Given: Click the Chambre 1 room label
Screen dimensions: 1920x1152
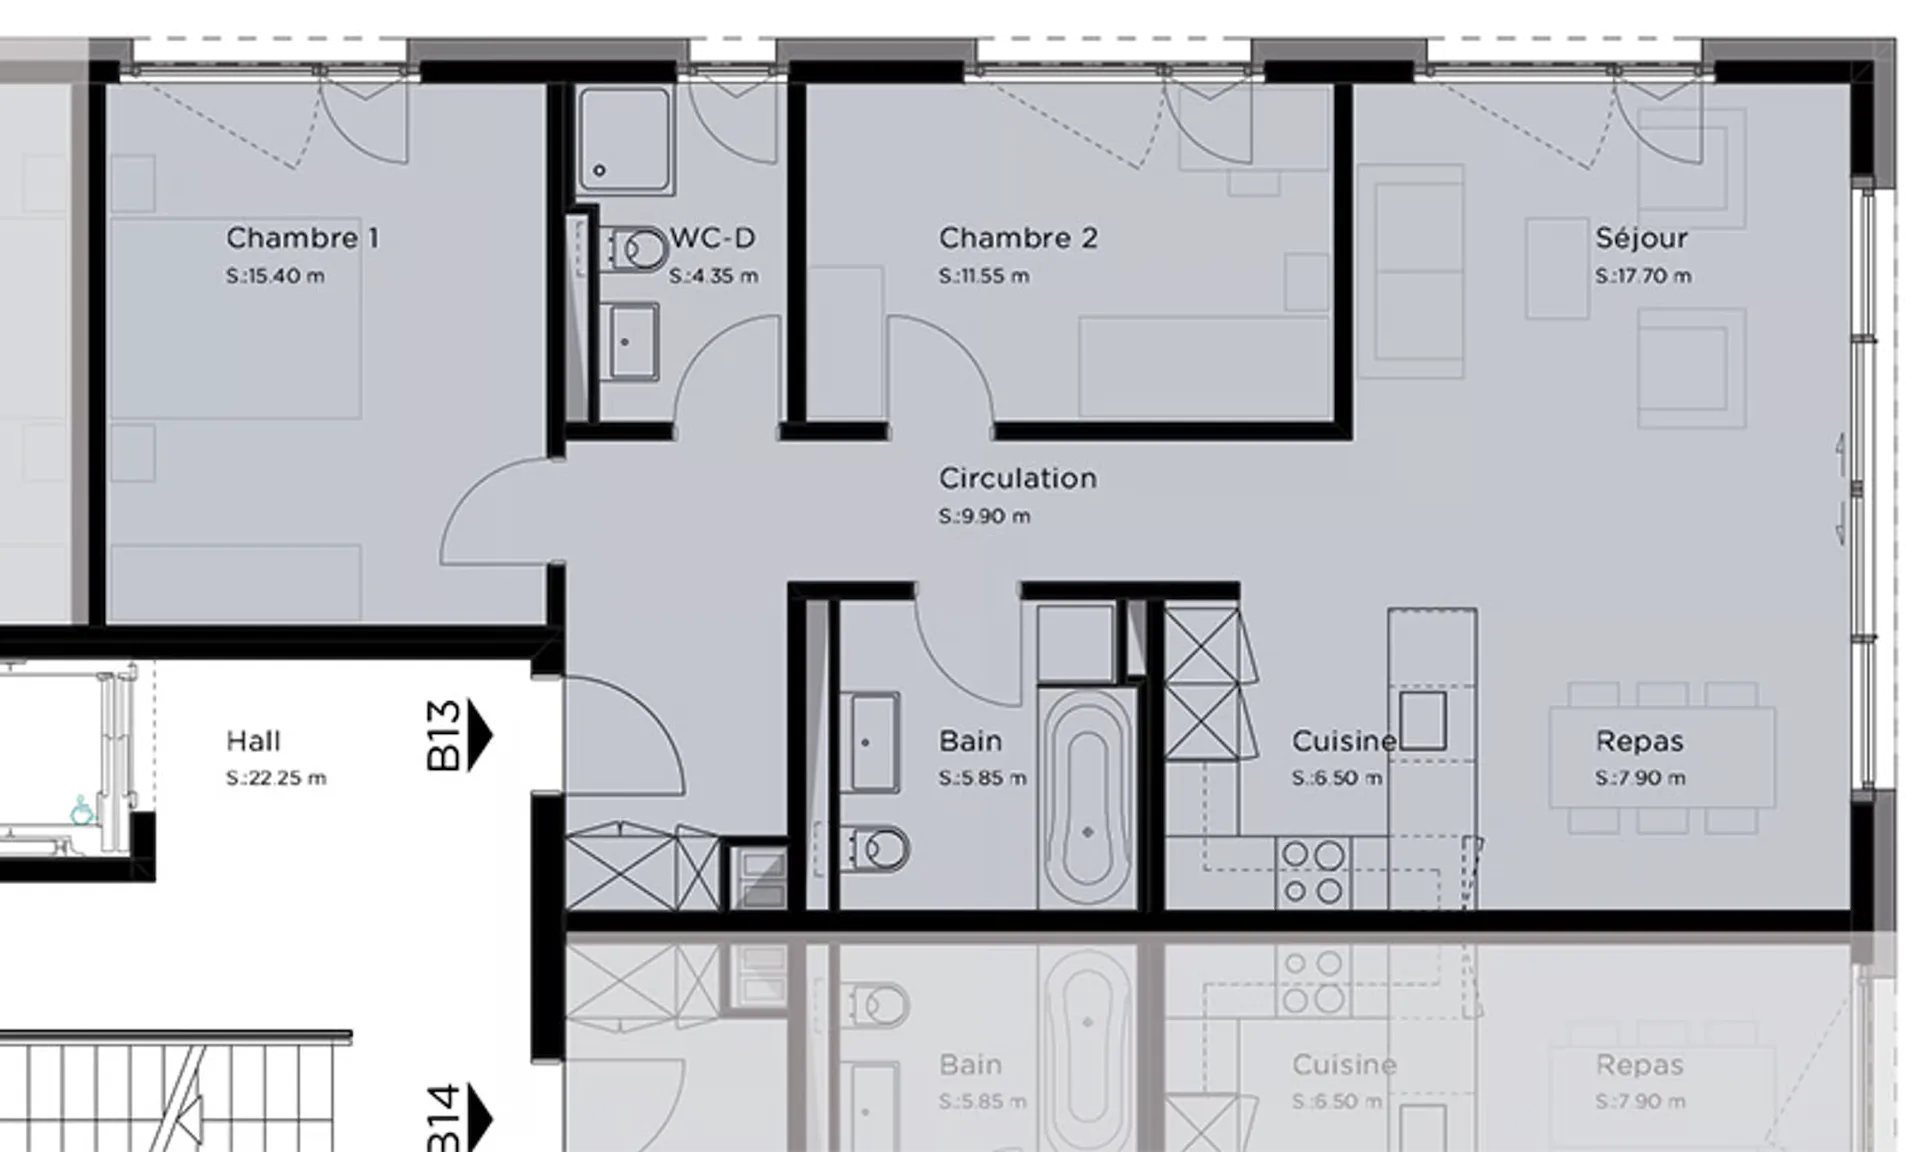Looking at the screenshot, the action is click(302, 238).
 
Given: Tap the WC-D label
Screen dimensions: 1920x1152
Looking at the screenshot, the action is click(713, 238).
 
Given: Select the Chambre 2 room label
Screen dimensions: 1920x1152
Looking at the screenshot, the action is click(1018, 238).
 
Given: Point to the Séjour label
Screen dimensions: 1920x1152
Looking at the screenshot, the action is click(1641, 238).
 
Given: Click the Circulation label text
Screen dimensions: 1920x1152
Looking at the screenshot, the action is click(1018, 478).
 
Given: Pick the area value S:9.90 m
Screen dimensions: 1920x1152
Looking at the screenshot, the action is click(984, 516).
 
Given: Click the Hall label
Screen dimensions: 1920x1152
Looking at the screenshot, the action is click(253, 741).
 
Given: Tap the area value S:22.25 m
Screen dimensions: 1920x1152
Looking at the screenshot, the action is click(276, 778).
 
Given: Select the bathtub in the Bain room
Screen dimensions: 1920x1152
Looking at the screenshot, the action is click(1087, 796).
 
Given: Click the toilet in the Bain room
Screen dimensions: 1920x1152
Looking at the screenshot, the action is click(876, 849).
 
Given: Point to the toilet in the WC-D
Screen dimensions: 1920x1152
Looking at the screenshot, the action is click(638, 250).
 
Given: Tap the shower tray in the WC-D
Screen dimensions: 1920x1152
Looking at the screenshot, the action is click(624, 139).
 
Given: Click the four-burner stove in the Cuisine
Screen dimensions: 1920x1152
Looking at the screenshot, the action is click(1312, 873).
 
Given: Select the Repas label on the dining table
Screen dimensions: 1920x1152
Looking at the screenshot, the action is click(1640, 741).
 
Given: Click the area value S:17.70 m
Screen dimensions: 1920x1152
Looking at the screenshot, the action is click(1643, 276).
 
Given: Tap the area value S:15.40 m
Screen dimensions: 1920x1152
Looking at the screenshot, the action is click(275, 276).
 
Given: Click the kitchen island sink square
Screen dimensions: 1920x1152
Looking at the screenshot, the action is click(1422, 720).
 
